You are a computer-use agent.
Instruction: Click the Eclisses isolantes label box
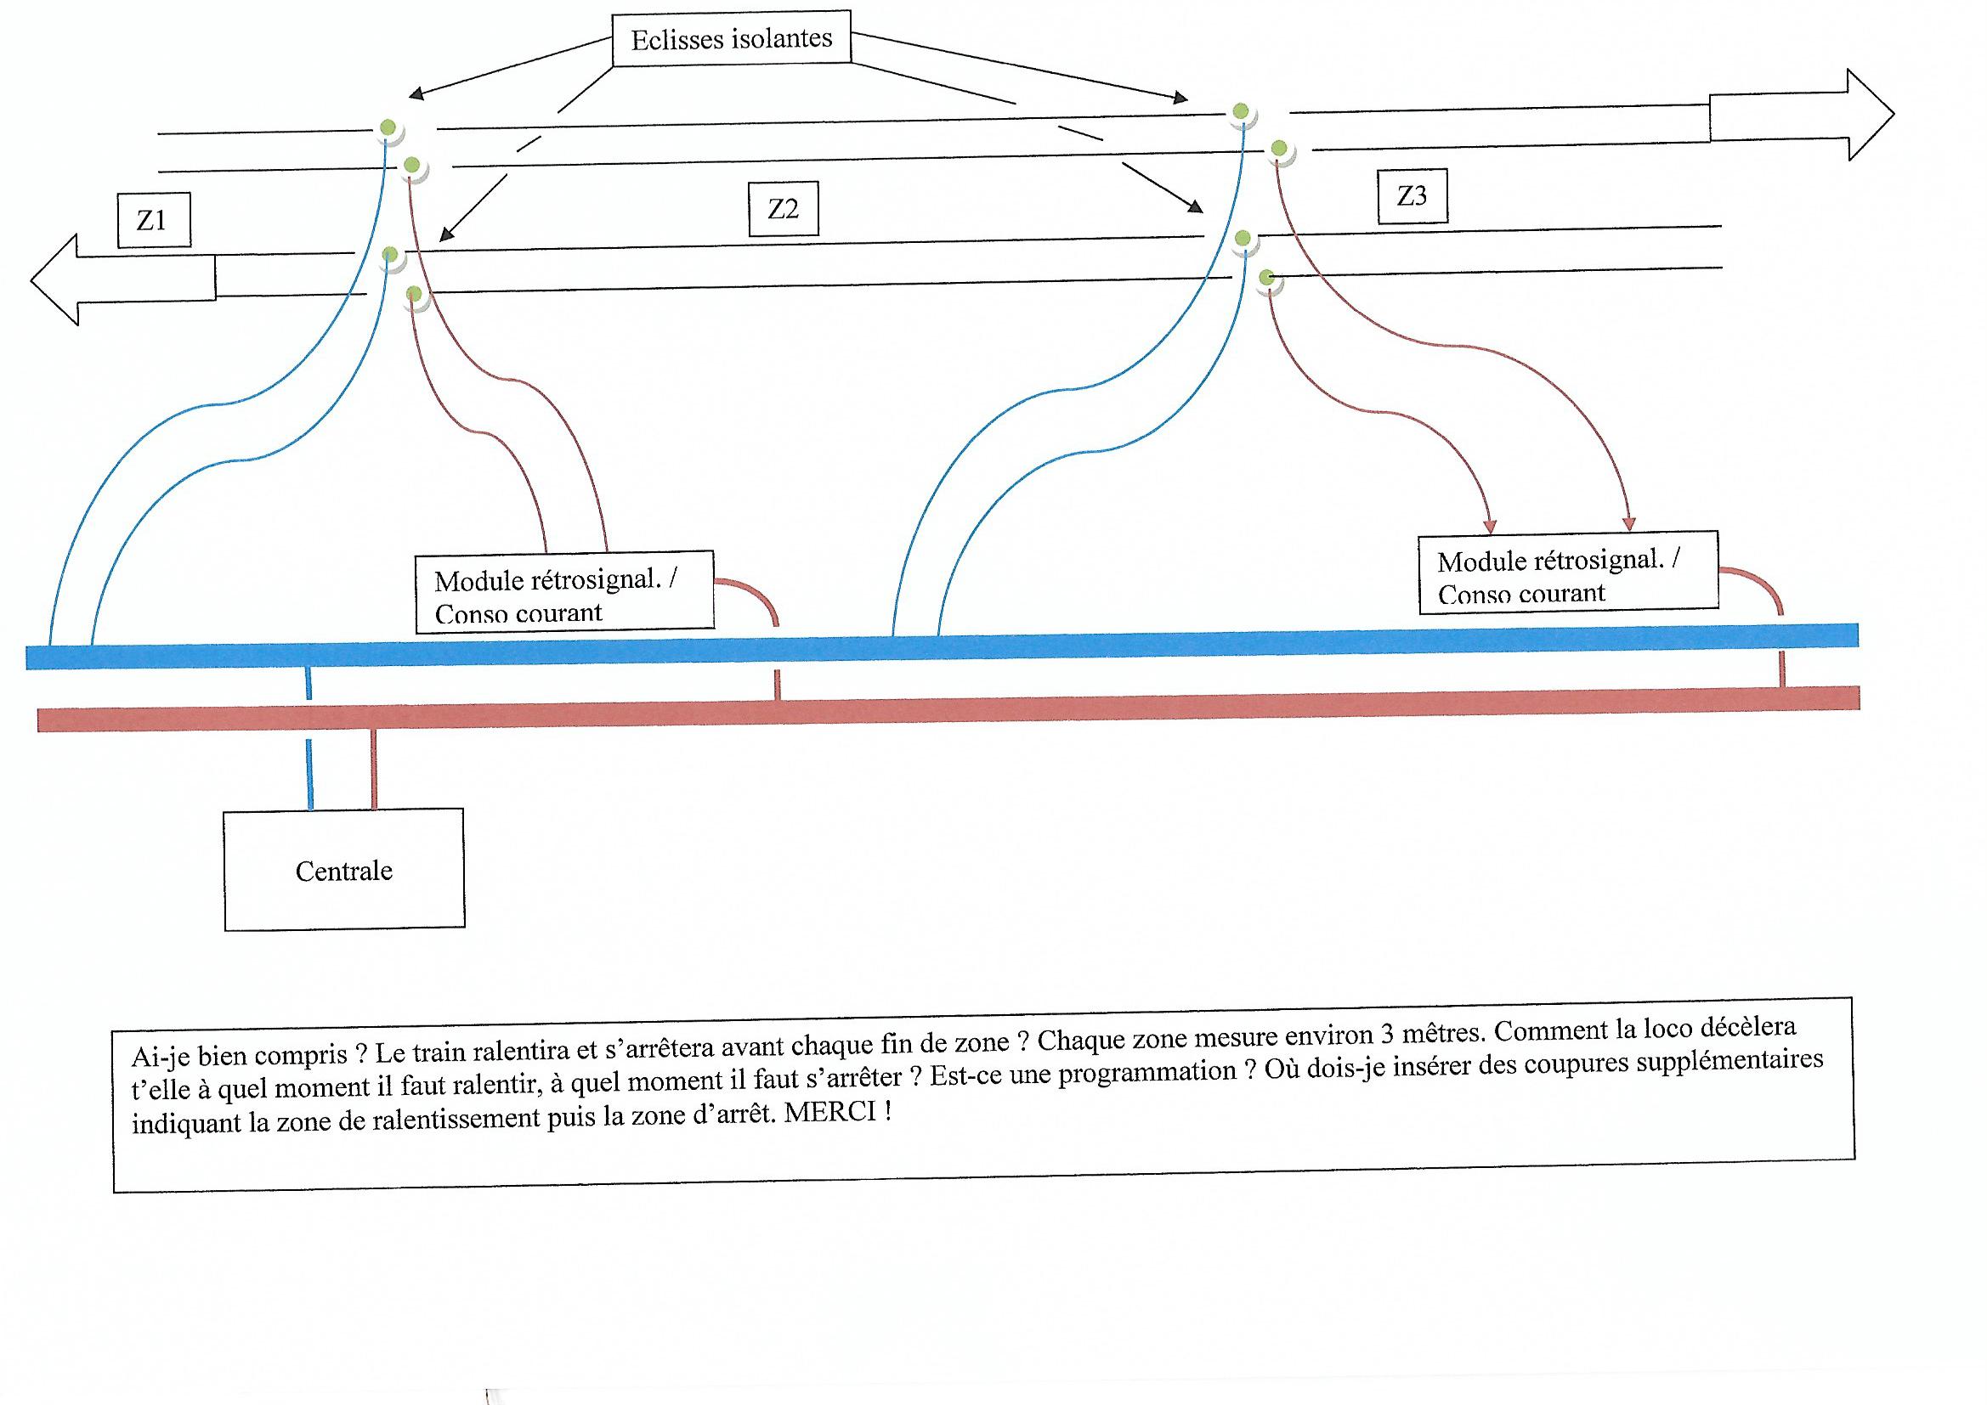click(731, 39)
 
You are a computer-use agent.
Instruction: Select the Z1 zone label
click(152, 221)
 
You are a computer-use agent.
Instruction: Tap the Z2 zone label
click(783, 209)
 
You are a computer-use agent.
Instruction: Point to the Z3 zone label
click(1412, 196)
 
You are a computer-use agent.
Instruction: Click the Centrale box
click(343, 870)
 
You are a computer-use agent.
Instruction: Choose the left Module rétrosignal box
click(564, 593)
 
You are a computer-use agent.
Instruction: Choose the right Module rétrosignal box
click(1567, 574)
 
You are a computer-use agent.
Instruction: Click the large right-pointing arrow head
click(1870, 114)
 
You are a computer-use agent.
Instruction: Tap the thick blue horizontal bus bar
click(952, 646)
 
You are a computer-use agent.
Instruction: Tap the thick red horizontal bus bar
click(952, 708)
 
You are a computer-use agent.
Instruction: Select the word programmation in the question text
click(1148, 1073)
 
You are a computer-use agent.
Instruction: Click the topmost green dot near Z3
click(1241, 110)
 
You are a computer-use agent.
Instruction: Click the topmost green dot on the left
click(388, 128)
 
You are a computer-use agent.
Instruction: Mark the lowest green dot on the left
click(414, 292)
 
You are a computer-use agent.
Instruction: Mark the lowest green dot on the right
click(1267, 278)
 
